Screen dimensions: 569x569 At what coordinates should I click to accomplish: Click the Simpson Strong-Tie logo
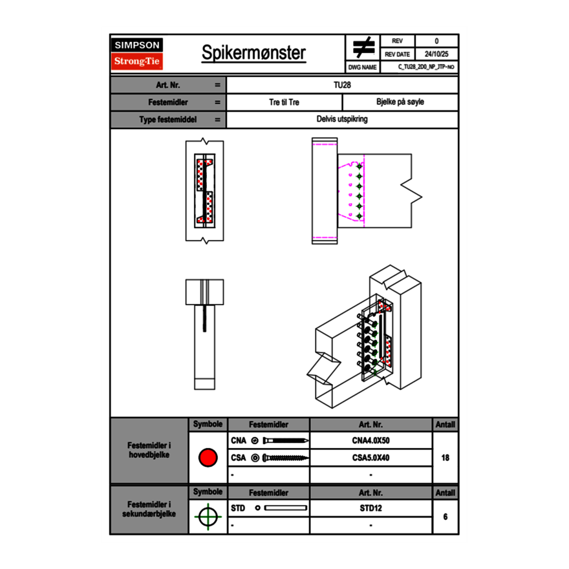[x=137, y=54]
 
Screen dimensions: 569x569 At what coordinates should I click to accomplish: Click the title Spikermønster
[x=253, y=53]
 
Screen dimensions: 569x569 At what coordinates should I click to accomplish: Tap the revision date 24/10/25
[x=436, y=54]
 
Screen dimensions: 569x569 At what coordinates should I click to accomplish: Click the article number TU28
[x=343, y=85]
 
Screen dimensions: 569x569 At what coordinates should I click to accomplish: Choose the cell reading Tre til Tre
[x=284, y=102]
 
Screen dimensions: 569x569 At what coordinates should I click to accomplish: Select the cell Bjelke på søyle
[x=400, y=102]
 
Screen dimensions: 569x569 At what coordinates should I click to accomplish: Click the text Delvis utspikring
[x=343, y=120]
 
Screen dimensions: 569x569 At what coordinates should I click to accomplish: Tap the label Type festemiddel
[x=168, y=120]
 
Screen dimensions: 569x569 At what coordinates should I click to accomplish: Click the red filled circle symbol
[x=208, y=458]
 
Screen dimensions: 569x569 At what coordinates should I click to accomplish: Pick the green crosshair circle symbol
[x=208, y=517]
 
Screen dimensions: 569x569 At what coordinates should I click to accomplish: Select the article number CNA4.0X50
[x=370, y=441]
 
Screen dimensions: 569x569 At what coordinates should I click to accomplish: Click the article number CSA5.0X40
[x=370, y=458]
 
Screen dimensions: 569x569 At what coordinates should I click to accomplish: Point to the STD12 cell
[x=370, y=508]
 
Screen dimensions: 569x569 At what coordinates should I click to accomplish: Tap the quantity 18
[x=446, y=458]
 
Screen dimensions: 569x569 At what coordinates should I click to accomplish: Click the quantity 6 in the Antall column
[x=446, y=517]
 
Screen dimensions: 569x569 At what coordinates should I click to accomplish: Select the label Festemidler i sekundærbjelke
[x=149, y=509]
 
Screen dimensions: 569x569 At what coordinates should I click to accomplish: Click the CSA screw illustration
[x=284, y=458]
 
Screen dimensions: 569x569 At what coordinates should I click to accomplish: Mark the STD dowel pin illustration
[x=284, y=508]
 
